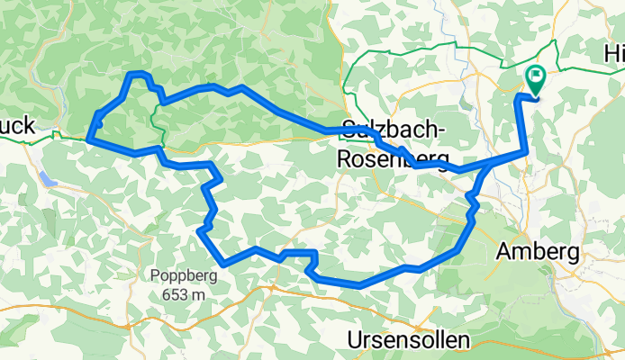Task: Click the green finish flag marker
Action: pyautogui.click(x=535, y=79)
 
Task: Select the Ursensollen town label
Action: pyautogui.click(x=409, y=340)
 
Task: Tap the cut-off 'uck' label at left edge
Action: pyautogui.click(x=17, y=127)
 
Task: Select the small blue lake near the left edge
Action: pyautogui.click(x=49, y=180)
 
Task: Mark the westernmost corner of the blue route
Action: pyautogui.click(x=88, y=139)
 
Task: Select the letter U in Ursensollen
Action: pyautogui.click(x=356, y=340)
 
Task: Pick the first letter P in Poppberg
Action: pyautogui.click(x=156, y=276)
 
